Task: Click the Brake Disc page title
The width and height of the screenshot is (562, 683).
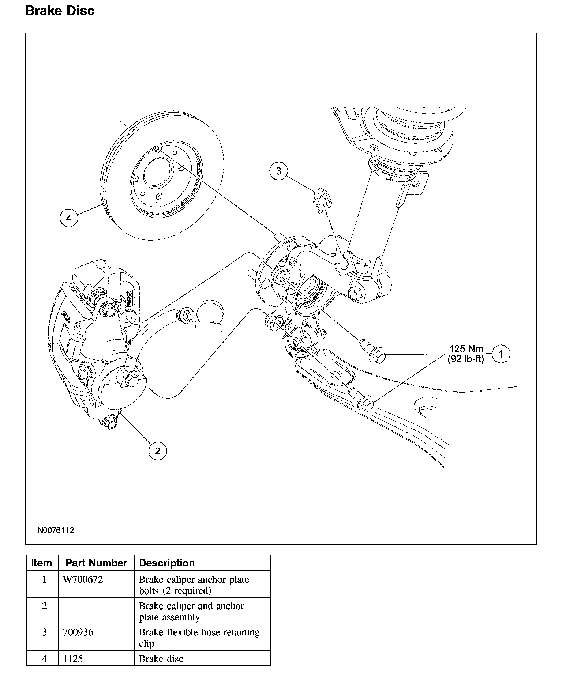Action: (x=60, y=11)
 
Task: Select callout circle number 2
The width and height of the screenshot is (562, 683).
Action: (x=157, y=451)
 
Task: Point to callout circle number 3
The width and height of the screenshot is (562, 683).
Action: (x=278, y=171)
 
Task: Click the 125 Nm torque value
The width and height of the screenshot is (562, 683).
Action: (x=466, y=349)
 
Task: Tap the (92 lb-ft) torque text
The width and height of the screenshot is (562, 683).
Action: (x=465, y=359)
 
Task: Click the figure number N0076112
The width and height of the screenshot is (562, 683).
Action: (x=55, y=530)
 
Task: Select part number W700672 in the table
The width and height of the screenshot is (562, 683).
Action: (x=83, y=580)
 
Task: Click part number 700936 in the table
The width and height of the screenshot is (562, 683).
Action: (x=78, y=632)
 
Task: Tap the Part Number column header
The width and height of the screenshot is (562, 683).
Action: (x=96, y=563)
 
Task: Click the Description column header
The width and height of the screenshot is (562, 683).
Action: (x=167, y=563)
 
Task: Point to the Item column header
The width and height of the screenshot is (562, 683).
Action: (x=42, y=563)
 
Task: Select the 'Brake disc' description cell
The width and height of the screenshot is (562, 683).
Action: (x=161, y=659)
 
